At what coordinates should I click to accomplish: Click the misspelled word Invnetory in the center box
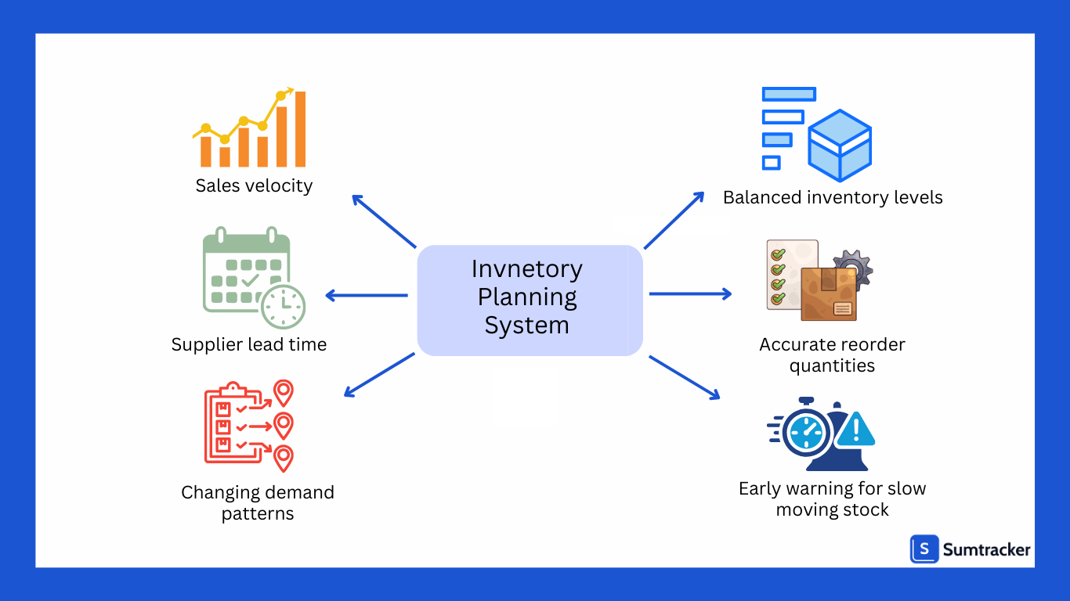tap(526, 269)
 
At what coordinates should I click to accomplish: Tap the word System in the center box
tap(526, 325)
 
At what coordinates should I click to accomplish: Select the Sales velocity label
tap(254, 185)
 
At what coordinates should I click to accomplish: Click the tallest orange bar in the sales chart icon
tap(300, 129)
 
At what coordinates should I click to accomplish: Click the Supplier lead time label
tap(249, 344)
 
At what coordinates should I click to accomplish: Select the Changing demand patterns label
tap(258, 502)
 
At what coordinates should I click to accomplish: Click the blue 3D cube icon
tap(840, 146)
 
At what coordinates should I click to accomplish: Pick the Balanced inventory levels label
tap(833, 197)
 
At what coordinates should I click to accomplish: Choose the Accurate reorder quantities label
tap(832, 354)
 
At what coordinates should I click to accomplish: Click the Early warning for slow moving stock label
tap(832, 498)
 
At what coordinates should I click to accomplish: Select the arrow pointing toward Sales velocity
tap(383, 220)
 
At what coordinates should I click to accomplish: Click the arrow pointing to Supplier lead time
tap(366, 295)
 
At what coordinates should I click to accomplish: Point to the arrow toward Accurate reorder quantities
tap(689, 293)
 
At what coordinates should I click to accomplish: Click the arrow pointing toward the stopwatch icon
tap(684, 377)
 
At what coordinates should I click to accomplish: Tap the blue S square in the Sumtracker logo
tap(924, 549)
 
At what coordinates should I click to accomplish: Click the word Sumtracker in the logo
tap(986, 550)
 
